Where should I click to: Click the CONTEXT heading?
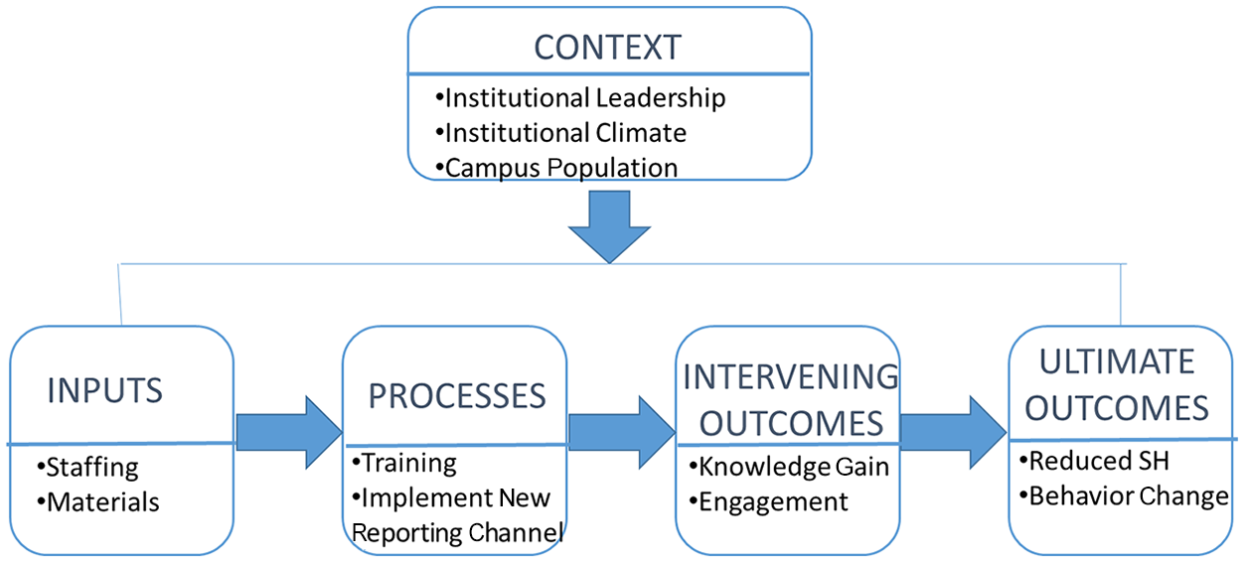tap(607, 47)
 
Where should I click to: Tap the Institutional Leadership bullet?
tap(580, 98)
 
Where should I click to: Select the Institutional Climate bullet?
tap(561, 133)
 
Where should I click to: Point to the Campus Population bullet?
tap(556, 168)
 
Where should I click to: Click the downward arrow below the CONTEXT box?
tap(609, 227)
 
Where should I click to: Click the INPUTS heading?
tap(105, 390)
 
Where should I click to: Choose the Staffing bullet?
tap(87, 468)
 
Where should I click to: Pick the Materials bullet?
tap(97, 502)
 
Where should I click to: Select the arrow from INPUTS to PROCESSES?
tap(289, 432)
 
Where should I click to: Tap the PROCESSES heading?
tap(457, 396)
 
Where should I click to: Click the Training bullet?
tap(404, 464)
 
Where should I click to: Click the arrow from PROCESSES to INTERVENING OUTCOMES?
tap(621, 432)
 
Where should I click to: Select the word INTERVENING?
tap(791, 377)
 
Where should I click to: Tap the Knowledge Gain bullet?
tap(789, 467)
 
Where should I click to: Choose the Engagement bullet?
tap(769, 502)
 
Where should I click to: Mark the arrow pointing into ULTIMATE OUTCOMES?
tap(953, 432)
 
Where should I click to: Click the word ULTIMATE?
tap(1117, 361)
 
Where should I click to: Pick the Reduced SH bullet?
tap(1095, 461)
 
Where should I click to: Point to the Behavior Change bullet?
tap(1124, 496)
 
